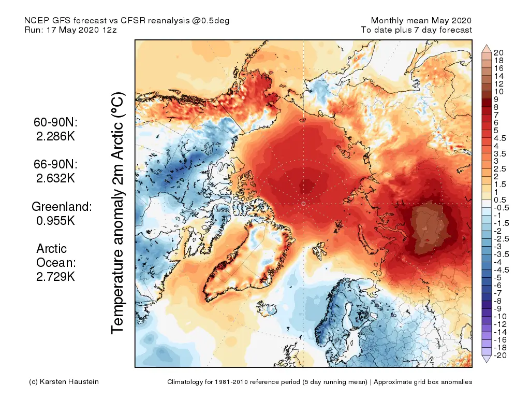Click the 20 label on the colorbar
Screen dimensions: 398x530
(499, 53)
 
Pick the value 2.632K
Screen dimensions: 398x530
(55, 178)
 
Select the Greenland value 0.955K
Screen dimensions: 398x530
(56, 220)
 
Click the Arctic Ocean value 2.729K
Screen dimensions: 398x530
(55, 277)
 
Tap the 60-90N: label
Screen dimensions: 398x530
(55, 123)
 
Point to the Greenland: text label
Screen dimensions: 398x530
(62, 206)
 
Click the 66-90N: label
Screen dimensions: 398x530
(55, 164)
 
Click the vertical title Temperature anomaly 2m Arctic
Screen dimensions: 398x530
(119, 213)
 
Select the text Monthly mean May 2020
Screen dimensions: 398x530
(421, 21)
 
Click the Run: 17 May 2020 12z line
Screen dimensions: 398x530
(71, 30)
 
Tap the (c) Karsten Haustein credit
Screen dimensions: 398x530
(64, 382)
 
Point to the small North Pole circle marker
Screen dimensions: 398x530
(303, 204)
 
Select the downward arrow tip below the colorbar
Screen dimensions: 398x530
(487, 361)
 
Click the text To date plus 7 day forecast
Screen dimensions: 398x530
(417, 30)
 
